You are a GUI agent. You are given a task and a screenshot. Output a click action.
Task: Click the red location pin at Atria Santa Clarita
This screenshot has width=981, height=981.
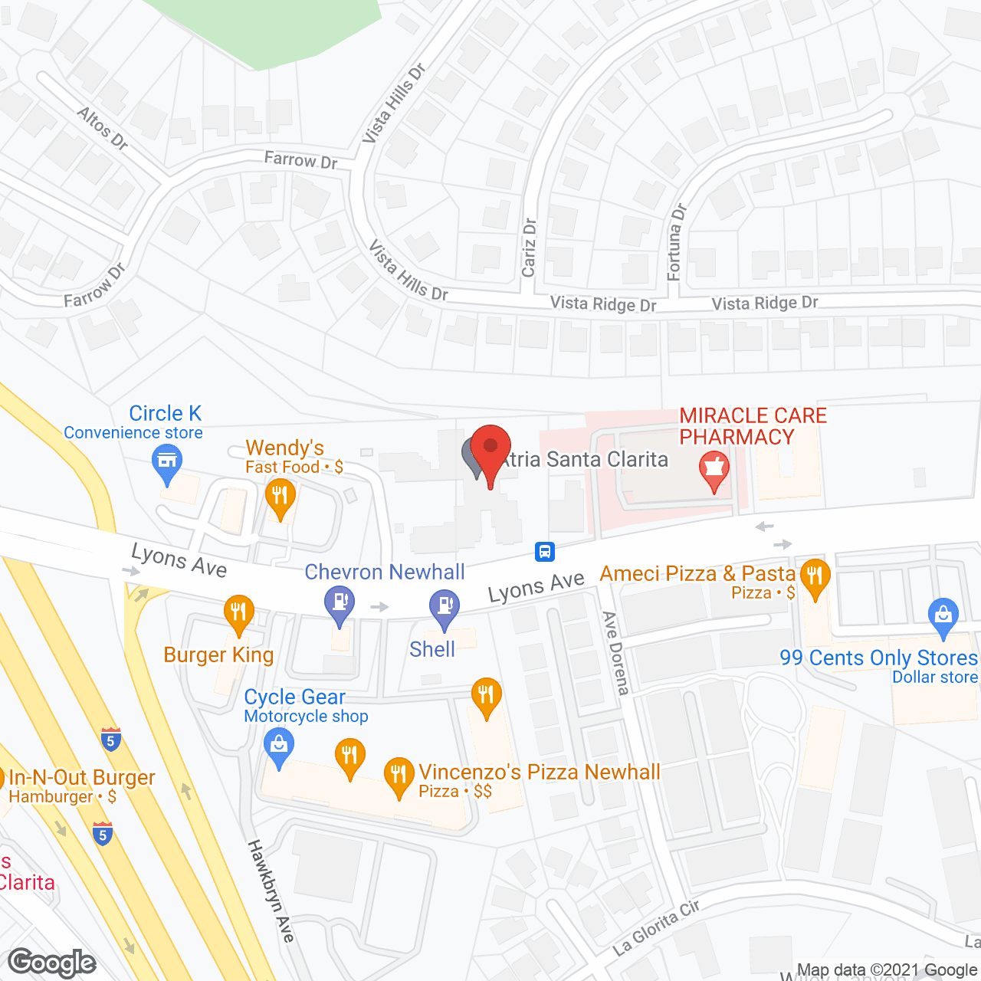click(490, 448)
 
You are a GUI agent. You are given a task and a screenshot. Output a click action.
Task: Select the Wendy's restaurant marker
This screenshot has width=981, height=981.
click(280, 495)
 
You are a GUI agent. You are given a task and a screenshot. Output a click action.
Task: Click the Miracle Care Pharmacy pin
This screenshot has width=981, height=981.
click(714, 468)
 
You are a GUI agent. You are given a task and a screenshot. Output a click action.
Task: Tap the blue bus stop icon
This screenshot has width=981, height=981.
click(544, 551)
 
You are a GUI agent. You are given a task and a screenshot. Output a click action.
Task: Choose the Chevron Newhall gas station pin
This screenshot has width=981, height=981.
click(339, 602)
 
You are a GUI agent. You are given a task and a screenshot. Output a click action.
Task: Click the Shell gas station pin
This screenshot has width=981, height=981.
click(445, 605)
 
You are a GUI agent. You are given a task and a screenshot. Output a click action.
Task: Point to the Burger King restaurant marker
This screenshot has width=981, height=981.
click(239, 612)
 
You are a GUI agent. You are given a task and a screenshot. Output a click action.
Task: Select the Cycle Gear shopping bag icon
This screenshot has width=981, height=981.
click(278, 745)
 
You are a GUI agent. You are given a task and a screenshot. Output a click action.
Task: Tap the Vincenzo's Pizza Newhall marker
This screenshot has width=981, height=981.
click(399, 774)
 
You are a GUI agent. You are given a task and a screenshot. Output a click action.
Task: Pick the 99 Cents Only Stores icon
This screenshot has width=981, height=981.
click(943, 615)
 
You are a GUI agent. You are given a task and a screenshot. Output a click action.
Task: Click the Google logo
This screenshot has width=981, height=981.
click(52, 963)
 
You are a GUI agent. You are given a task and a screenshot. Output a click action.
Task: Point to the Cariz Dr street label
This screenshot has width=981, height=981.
click(529, 248)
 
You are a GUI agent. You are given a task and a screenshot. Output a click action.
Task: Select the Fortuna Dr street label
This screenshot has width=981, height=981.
click(675, 241)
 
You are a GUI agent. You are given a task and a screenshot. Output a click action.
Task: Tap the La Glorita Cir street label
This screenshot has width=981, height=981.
click(656, 928)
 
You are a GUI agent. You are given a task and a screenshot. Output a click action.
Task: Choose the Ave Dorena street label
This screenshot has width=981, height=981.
click(615, 652)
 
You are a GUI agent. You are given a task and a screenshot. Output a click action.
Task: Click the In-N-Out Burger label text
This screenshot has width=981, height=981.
click(82, 778)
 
